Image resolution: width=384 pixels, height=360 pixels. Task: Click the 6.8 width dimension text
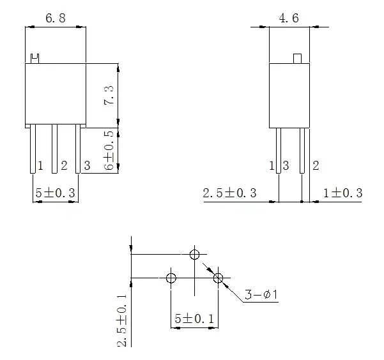55,19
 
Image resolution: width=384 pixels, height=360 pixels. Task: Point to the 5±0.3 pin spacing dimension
55,193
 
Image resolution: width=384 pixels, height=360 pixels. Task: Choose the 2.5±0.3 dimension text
229,193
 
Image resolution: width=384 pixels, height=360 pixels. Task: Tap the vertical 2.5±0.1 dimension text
121,319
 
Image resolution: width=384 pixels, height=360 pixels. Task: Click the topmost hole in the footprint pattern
195,254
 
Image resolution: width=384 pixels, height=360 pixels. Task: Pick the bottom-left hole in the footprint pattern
171,278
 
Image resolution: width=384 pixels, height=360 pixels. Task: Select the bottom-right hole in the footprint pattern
219,278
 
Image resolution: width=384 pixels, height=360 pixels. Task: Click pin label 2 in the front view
64,166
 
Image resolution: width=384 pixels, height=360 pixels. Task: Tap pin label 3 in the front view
88,166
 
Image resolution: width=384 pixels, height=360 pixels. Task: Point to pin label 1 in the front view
40,166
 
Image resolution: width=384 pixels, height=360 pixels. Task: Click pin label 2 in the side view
315,166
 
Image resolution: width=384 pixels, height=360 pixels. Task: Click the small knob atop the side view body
297,59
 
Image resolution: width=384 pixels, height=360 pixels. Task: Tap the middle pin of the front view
55,148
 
